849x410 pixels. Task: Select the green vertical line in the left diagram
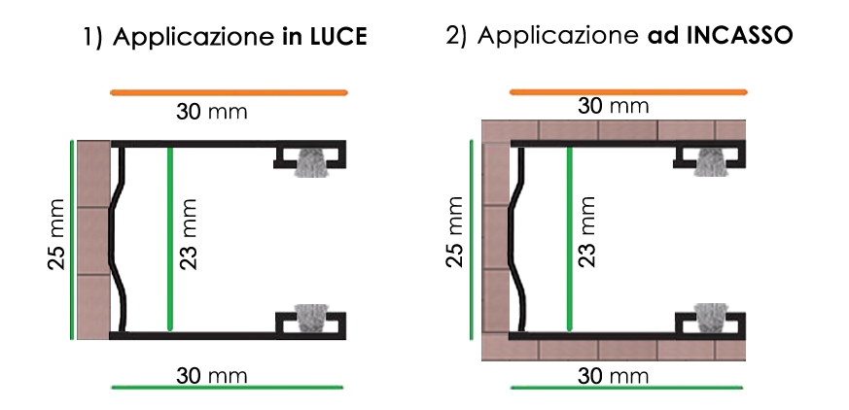(169, 239)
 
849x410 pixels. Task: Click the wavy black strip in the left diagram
(118, 238)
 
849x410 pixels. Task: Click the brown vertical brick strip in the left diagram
(93, 239)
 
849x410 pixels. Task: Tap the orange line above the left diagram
(230, 92)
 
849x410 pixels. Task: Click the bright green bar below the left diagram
(230, 376)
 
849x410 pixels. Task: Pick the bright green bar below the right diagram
(628, 376)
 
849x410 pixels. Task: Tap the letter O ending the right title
(782, 38)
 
